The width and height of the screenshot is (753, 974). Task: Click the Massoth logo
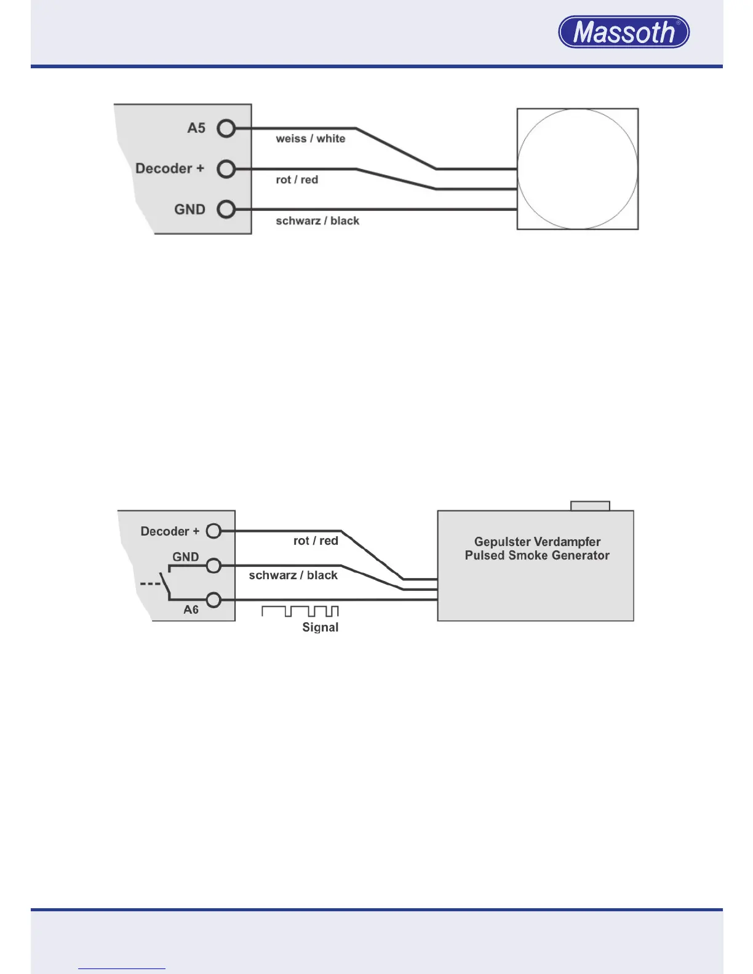click(624, 32)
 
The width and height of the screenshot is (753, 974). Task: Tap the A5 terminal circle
click(226, 129)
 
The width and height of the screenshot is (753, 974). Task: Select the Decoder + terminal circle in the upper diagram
click(226, 168)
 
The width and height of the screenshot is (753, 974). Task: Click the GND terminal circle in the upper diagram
click(226, 210)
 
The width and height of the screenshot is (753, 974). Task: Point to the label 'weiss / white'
click(310, 139)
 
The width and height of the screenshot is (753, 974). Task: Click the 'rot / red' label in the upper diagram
click(297, 180)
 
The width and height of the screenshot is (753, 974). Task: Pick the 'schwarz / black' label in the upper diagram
click(317, 221)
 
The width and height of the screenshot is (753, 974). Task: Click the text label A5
click(196, 128)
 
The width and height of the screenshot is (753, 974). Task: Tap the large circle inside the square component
click(577, 169)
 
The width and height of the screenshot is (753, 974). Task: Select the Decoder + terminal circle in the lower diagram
click(213, 531)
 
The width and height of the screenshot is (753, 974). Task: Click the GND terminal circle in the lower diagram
click(213, 566)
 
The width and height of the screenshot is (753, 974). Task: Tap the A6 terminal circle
click(213, 600)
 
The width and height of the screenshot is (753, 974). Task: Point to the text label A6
click(191, 610)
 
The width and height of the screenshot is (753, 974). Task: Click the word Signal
click(320, 627)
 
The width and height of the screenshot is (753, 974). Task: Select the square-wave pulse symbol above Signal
click(300, 611)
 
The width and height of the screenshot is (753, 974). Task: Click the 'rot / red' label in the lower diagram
click(316, 540)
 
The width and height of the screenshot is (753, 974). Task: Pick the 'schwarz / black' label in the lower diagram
click(293, 576)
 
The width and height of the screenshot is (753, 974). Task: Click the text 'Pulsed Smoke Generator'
click(537, 555)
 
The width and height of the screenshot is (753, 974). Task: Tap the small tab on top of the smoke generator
click(590, 506)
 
